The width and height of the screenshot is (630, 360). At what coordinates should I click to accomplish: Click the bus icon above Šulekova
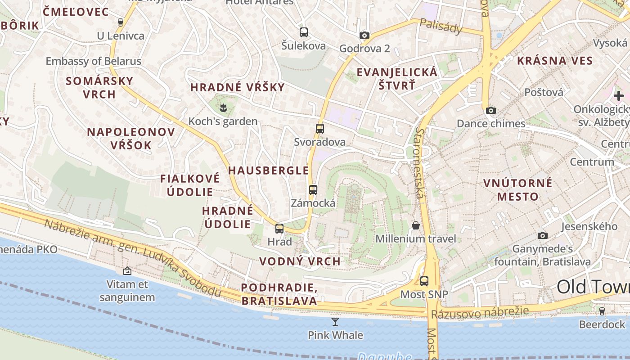click(x=304, y=32)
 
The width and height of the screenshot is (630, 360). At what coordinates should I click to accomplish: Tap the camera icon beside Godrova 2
click(x=364, y=35)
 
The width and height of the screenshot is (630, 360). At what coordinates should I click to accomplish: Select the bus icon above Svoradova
click(x=320, y=129)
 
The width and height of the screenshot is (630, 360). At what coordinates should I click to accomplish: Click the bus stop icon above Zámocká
click(x=313, y=190)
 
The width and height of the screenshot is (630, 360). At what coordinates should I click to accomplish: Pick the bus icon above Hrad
click(x=279, y=229)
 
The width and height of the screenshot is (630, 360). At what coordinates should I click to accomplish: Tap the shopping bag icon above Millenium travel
click(x=416, y=225)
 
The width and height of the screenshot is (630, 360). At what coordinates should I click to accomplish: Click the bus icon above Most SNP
click(x=424, y=282)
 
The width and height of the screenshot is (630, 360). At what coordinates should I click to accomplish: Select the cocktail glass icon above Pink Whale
click(x=335, y=321)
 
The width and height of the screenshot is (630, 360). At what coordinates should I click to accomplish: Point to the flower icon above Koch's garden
click(x=223, y=107)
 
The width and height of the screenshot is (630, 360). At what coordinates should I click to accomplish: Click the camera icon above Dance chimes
click(x=490, y=110)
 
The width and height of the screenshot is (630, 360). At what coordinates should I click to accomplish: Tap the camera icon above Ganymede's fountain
click(x=543, y=235)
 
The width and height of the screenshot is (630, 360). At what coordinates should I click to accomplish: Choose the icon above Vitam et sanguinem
click(x=127, y=271)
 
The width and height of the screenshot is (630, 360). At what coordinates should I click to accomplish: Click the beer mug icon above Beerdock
click(x=602, y=311)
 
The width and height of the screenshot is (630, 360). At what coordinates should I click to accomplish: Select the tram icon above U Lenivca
click(x=120, y=22)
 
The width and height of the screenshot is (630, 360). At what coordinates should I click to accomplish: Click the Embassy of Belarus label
click(x=94, y=61)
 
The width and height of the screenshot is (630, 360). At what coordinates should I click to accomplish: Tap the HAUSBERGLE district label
click(x=269, y=171)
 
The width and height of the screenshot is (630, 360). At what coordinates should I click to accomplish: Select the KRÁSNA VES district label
click(x=555, y=61)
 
